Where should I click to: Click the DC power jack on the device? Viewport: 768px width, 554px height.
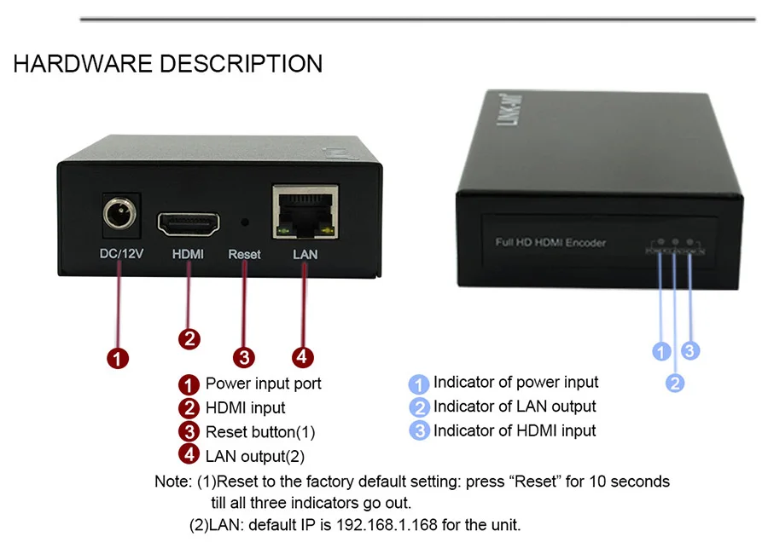point(119,212)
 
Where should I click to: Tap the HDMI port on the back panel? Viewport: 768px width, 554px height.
point(188,223)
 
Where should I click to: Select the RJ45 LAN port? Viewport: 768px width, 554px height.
point(305,213)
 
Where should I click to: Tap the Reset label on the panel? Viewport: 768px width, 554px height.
point(245,254)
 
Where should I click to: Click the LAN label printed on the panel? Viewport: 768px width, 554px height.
point(304,254)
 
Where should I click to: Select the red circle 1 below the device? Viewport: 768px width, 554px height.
point(118,358)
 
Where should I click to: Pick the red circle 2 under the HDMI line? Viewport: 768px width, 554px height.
point(189,338)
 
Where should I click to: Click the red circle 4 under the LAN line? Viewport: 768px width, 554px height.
point(302,358)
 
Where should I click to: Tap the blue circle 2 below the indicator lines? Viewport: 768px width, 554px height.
point(675,383)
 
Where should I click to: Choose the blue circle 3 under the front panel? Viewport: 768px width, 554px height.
point(691,350)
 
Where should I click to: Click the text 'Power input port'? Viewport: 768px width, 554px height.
point(263,384)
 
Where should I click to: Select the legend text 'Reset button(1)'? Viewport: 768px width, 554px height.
point(259,432)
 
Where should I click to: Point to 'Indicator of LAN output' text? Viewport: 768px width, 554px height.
point(515,407)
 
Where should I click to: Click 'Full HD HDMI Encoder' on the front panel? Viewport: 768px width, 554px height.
point(550,243)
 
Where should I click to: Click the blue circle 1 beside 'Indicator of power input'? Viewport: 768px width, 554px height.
point(419,384)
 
